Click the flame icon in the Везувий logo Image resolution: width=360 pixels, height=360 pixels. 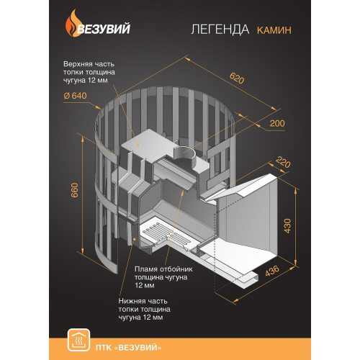tap(71, 24)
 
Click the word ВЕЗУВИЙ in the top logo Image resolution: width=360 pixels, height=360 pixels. tap(104, 29)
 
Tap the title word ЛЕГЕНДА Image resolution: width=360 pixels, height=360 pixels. tap(220, 30)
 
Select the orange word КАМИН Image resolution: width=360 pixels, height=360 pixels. tap(274, 30)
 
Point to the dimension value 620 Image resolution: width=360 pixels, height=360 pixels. tap(237, 78)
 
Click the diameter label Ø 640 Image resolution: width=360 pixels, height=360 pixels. tap(75, 96)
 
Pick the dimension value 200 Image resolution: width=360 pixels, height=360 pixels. tap(277, 123)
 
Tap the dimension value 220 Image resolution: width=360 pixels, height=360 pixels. tap(283, 162)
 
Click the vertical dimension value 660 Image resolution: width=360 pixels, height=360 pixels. tap(75, 190)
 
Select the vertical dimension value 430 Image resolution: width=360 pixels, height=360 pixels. tap(287, 225)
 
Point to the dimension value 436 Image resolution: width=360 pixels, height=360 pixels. tap(272, 271)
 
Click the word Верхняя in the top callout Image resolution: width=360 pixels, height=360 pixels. tap(78, 64)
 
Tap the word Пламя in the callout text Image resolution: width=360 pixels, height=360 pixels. tap(145, 269)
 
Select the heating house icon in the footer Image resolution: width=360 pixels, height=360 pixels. tap(78, 341)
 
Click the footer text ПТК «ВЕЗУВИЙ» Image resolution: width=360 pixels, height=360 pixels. tap(128, 348)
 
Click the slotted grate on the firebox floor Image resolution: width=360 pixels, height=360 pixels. tap(166, 236)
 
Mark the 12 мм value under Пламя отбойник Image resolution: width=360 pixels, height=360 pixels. tap(144, 285)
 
